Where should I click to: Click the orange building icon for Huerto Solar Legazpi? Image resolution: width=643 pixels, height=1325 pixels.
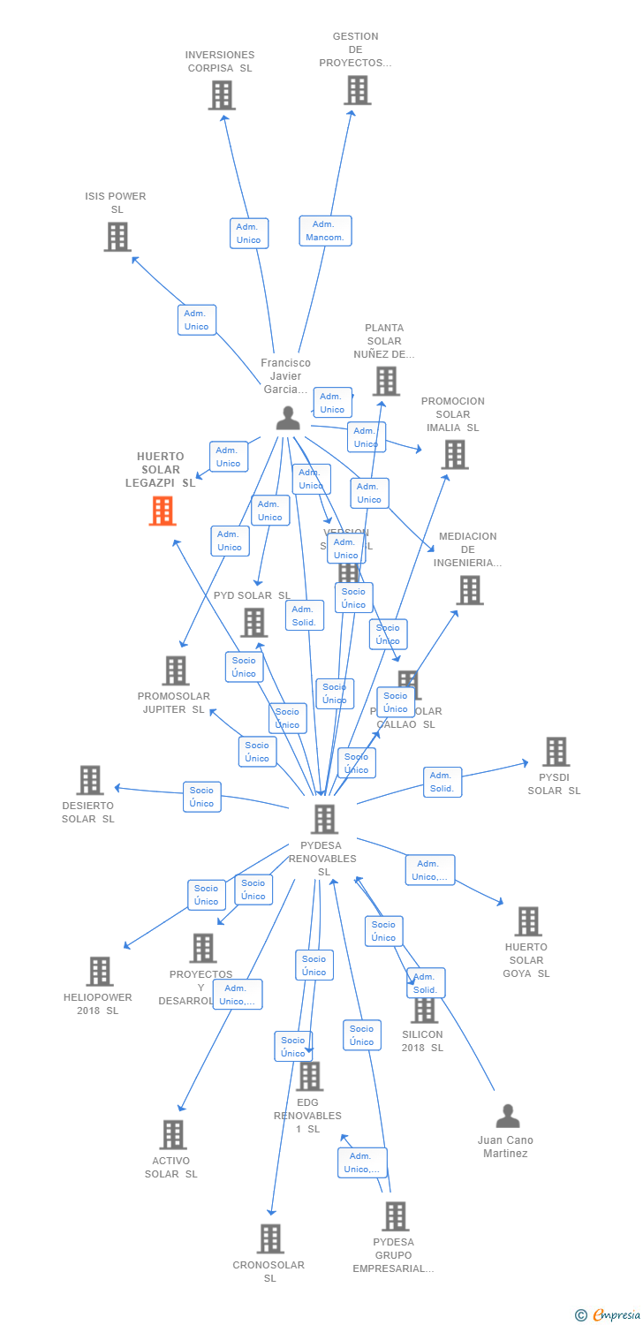pos(163,511)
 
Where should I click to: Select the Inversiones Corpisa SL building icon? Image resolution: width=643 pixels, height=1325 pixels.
pos(222,95)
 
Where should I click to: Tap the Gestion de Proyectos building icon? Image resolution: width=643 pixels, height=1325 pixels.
pos(357,90)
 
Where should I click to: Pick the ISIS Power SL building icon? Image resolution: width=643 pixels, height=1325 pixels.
pos(117,237)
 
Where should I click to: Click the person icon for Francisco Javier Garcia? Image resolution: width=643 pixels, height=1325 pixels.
pos(288,418)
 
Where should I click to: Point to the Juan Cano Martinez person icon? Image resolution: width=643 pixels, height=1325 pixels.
pos(508,1117)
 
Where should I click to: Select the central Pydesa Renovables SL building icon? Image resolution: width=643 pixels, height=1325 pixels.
pos(324,819)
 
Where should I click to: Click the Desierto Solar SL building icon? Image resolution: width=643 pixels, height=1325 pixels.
pos(90,780)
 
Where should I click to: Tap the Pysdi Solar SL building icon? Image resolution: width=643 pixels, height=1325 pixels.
pos(556,752)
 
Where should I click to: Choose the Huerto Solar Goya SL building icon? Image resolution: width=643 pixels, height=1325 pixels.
pos(527,921)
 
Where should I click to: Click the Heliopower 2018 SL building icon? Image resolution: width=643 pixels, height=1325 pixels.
pos(100,972)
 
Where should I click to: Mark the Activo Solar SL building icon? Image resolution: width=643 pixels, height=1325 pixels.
pos(173,1135)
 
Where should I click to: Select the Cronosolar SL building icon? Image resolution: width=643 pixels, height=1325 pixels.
pos(270,1238)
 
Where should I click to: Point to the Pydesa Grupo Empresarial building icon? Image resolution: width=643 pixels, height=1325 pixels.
pos(395,1216)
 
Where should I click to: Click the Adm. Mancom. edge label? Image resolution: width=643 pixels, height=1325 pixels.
pos(325,231)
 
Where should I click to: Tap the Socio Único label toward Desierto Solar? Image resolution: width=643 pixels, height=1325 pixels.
pos(201,797)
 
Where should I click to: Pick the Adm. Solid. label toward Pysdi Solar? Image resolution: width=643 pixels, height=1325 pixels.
pos(442,782)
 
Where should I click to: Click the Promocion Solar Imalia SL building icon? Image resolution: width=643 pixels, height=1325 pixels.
pos(455,454)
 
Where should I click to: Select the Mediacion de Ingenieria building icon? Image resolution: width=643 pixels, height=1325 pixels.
pos(470,590)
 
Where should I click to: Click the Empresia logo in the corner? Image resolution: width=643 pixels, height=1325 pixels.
pos(608,1315)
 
